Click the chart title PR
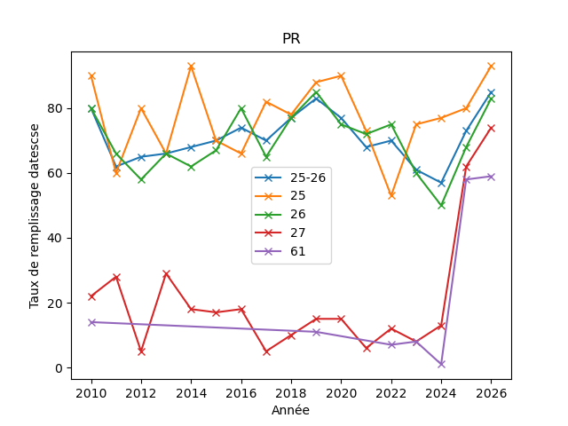pos(291,38)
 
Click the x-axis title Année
pos(290,410)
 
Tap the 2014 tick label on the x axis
pos(192,393)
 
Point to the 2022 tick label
pos(391,393)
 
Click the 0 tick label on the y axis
pos(59,368)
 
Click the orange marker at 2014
pos(192,67)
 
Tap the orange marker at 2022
pos(391,196)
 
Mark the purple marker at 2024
pos(441,365)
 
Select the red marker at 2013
pos(166,274)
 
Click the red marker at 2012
pos(141,351)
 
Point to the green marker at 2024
pos(441,206)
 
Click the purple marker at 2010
pos(91,322)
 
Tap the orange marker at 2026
pos(491,67)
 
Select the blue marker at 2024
pos(441,184)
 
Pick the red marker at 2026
pos(491,128)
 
